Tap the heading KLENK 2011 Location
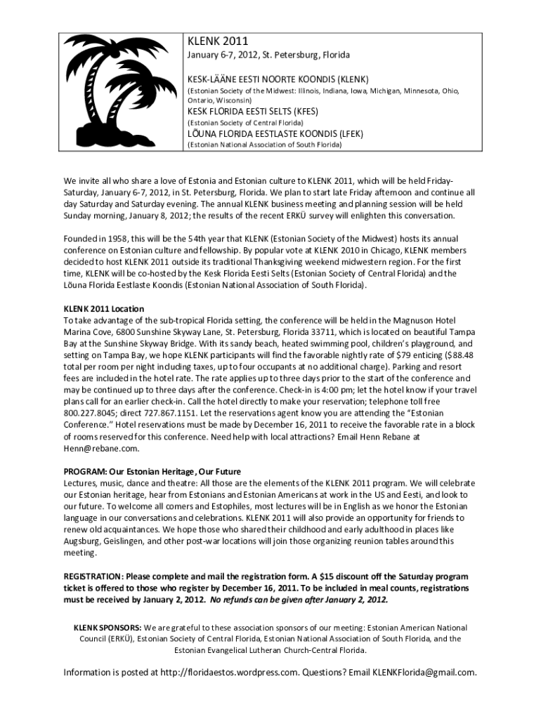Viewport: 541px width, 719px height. click(x=104, y=308)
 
